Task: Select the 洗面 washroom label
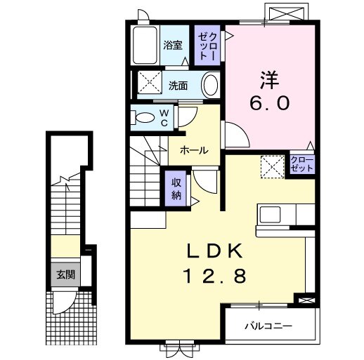(x=178, y=86)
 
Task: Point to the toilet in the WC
(x=145, y=117)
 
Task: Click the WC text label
(x=162, y=117)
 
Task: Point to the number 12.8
(x=215, y=276)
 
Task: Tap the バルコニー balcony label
(x=268, y=326)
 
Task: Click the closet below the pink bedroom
(x=302, y=164)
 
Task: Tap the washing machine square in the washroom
(x=150, y=84)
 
